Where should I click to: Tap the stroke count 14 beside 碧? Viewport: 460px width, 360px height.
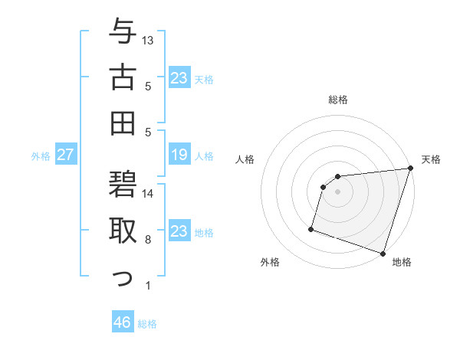click(x=148, y=193)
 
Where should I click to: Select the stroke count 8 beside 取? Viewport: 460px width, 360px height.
click(x=148, y=240)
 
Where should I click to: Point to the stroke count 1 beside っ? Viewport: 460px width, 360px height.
click(x=148, y=286)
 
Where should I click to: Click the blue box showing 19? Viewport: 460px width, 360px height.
click(x=179, y=155)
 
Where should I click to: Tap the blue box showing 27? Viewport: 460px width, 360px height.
click(x=66, y=155)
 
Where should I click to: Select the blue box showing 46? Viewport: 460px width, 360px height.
click(x=123, y=322)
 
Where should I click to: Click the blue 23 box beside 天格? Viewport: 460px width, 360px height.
click(x=179, y=78)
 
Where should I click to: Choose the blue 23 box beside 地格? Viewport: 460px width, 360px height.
click(x=179, y=231)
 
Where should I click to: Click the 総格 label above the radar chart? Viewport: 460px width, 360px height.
click(x=338, y=100)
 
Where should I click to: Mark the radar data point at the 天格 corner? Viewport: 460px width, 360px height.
click(x=410, y=169)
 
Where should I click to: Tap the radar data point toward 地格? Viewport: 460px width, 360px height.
click(x=383, y=253)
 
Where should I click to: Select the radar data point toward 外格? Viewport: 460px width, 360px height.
click(x=311, y=228)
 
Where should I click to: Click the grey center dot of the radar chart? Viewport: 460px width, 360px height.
click(x=337, y=192)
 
